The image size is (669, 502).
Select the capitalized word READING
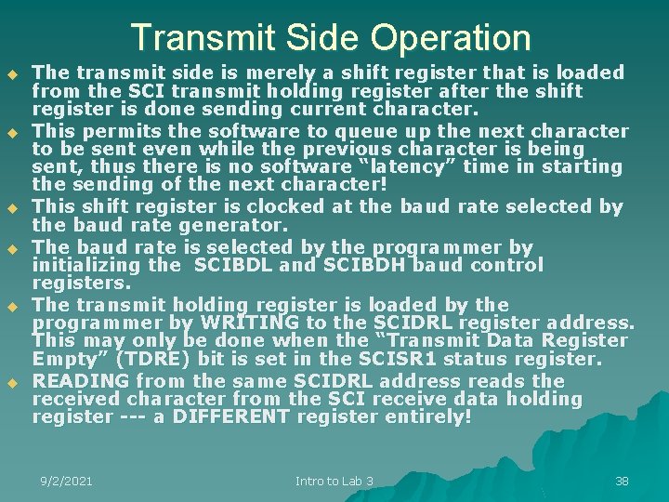point(81,381)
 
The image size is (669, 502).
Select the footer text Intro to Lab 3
point(334,481)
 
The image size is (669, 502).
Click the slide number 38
point(622,481)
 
